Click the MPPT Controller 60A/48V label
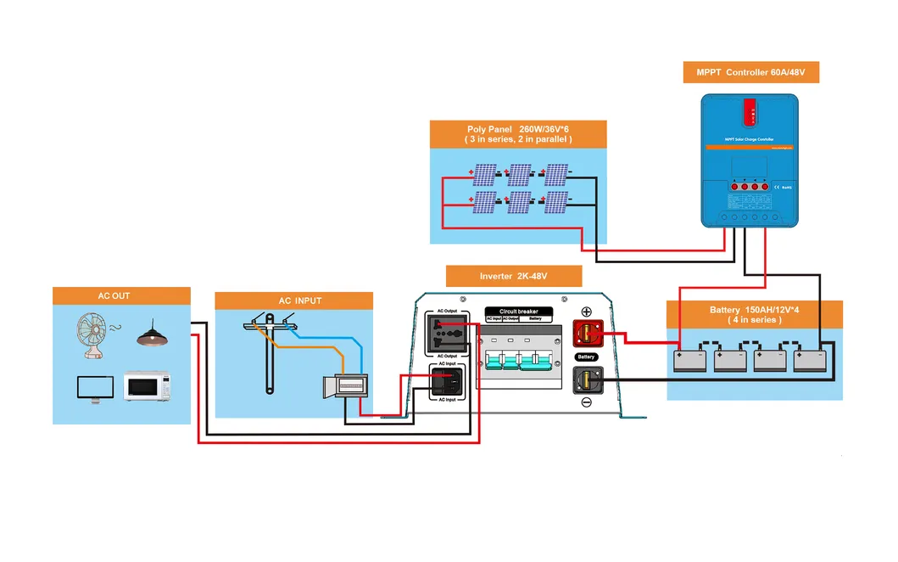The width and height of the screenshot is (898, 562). [x=750, y=73]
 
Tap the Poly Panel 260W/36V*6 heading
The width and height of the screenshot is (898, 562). [x=518, y=134]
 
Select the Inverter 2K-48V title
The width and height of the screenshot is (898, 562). [x=514, y=276]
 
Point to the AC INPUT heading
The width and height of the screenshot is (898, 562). [x=294, y=301]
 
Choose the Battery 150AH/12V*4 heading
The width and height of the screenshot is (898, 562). [x=755, y=315]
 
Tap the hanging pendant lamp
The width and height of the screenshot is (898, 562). [x=152, y=333]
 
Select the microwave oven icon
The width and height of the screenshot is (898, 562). [x=148, y=385]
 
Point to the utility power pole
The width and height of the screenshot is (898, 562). [x=269, y=352]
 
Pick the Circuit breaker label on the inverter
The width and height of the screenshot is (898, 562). [x=518, y=312]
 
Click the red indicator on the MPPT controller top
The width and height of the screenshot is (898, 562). [x=750, y=110]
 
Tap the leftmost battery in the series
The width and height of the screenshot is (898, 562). [x=690, y=359]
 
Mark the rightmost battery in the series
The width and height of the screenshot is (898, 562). [x=810, y=359]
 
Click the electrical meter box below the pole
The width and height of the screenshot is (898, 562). [x=345, y=386]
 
